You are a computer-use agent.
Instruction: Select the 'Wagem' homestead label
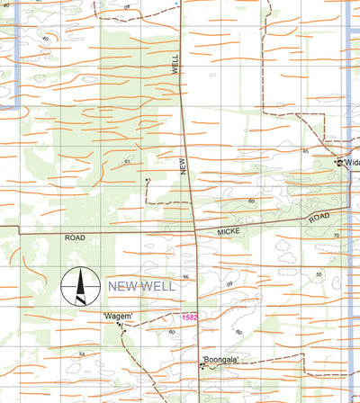tap(118, 316)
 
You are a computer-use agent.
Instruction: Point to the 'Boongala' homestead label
tap(220, 360)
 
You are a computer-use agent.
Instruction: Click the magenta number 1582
tap(189, 317)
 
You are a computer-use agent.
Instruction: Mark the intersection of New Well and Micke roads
tap(195, 233)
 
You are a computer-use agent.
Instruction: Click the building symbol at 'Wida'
tap(339, 163)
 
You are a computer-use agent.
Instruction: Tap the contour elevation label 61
tap(128, 161)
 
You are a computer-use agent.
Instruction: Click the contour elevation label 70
tap(336, 236)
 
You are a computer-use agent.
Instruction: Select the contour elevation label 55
tap(319, 273)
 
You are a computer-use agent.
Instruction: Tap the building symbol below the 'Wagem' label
tap(123, 329)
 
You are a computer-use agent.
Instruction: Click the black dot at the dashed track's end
tap(147, 180)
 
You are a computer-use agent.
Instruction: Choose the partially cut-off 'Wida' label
tap(351, 163)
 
